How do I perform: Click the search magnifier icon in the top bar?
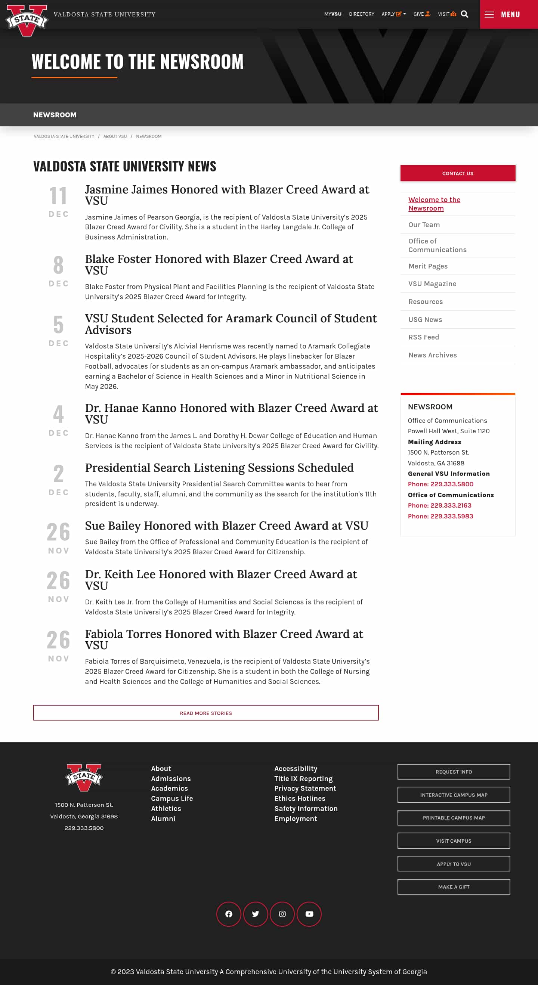(464, 14)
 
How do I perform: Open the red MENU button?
(508, 15)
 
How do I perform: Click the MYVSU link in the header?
(333, 14)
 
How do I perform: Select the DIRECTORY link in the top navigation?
(361, 14)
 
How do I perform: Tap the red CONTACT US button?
(457, 173)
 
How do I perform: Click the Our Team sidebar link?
(424, 225)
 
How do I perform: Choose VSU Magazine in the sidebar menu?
(432, 284)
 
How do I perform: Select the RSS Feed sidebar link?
(423, 337)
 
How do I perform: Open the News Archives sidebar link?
(432, 355)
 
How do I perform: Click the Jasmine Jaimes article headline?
(227, 195)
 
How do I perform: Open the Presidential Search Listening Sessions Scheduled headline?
(219, 468)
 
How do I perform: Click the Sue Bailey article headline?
(226, 526)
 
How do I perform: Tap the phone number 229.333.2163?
(439, 505)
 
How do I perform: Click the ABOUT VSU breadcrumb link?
(115, 136)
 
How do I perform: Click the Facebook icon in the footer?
(229, 914)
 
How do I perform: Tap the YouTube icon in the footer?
(309, 914)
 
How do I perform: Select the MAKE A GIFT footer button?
(454, 887)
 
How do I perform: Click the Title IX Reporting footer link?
(303, 778)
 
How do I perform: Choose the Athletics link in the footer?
(166, 808)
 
